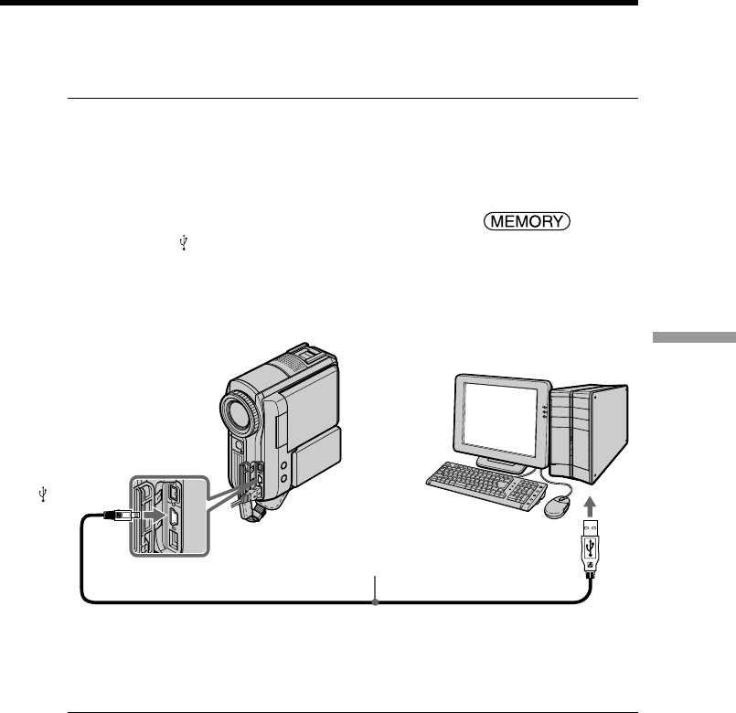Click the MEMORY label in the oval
[528, 221]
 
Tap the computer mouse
[557, 507]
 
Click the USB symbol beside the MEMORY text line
[185, 242]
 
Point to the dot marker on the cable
[376, 601]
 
